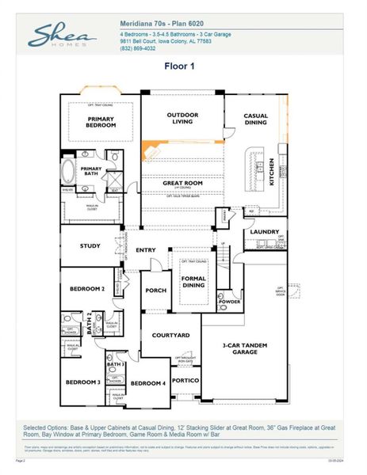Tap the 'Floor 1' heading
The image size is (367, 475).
click(x=179, y=66)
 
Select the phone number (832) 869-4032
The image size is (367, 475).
click(x=140, y=50)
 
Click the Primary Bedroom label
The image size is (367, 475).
click(x=101, y=121)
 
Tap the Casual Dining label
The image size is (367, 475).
click(x=255, y=119)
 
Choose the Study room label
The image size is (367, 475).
click(x=90, y=246)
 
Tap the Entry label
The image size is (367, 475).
click(x=146, y=250)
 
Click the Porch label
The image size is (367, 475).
click(x=156, y=291)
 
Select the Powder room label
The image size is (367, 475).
click(x=229, y=302)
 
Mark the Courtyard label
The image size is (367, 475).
click(x=170, y=336)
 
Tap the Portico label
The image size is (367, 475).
click(x=184, y=380)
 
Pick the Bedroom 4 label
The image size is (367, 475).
click(x=147, y=383)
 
